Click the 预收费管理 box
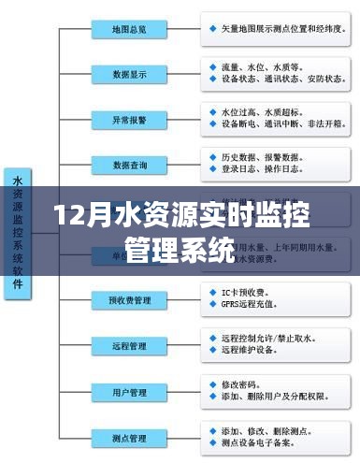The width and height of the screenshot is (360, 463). point(129,299)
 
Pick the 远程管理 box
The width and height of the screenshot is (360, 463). point(129,345)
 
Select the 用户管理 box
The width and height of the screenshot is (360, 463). point(129,391)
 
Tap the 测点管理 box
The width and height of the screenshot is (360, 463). point(129,437)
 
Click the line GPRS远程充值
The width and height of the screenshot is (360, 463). point(247,305)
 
